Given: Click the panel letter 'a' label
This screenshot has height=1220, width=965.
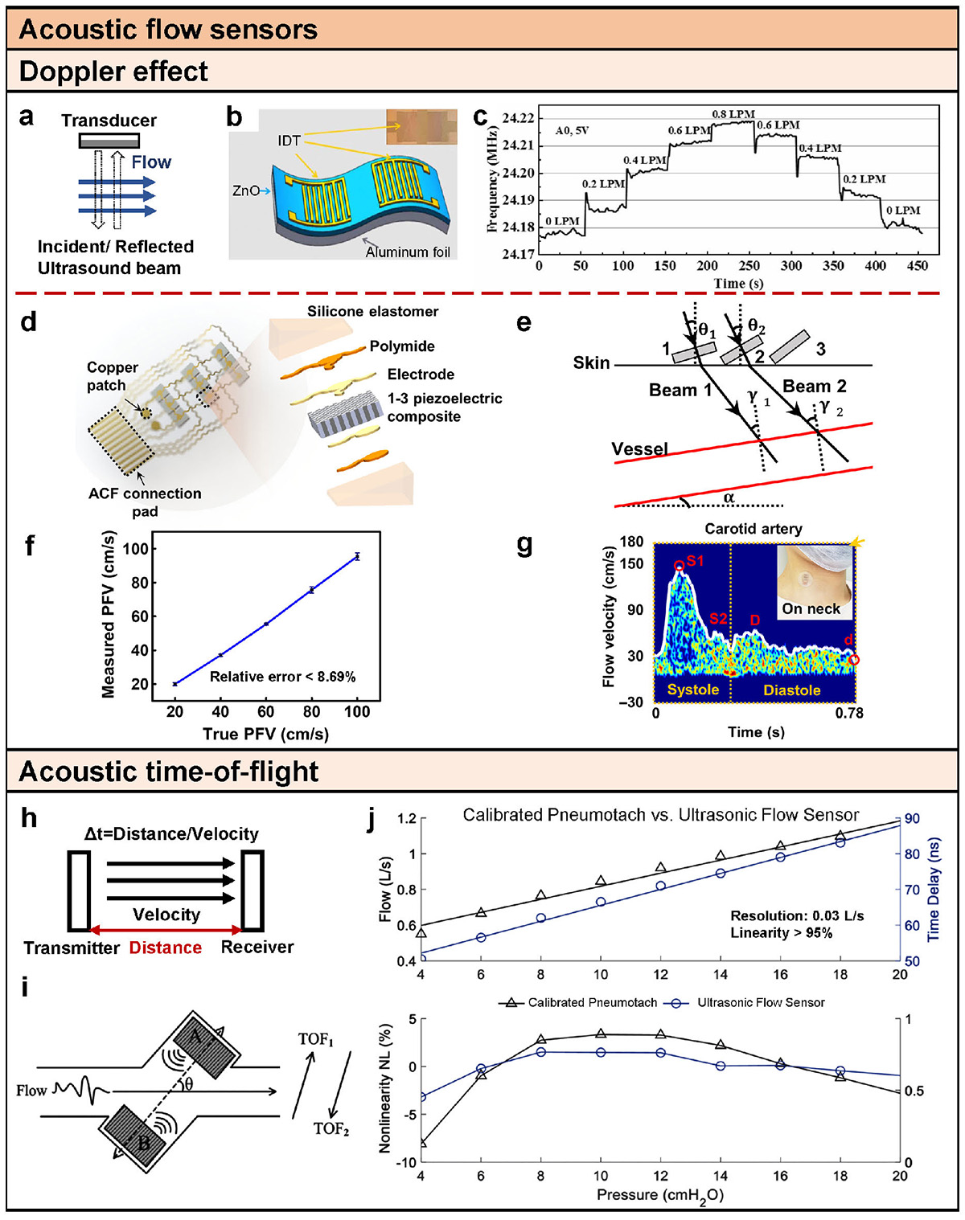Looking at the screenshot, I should click(27, 117).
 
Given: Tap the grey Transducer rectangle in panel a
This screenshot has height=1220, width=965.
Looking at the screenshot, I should click(109, 141).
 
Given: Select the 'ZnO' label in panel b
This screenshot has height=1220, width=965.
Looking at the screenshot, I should click(246, 191).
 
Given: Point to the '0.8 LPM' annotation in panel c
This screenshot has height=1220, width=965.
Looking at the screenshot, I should click(733, 114).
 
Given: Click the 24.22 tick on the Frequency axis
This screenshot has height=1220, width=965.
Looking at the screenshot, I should click(518, 119).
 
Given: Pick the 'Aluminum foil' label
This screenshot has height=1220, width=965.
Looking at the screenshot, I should click(408, 252).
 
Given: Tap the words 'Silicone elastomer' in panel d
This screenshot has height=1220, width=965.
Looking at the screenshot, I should click(372, 312).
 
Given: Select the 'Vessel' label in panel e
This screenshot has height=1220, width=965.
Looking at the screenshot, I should click(640, 448).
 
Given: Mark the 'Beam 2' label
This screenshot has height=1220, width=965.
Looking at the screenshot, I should click(815, 387).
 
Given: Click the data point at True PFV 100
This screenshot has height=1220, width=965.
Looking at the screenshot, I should click(357, 556).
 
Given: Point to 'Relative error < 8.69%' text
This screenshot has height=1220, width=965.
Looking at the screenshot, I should click(282, 677).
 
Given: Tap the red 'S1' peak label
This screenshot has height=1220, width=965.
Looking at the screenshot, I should click(695, 560).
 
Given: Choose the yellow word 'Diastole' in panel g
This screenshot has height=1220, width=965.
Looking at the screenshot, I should click(792, 690).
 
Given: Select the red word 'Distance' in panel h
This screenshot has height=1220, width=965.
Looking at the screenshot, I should click(166, 948).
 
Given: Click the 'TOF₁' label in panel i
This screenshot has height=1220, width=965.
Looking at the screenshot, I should click(315, 1040).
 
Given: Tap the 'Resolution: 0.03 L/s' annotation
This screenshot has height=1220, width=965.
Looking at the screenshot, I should click(797, 916).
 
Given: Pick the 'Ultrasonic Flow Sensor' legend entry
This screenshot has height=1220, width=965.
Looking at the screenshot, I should click(761, 1003).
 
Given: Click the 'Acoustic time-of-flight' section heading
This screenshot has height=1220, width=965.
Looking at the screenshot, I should click(169, 772).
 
